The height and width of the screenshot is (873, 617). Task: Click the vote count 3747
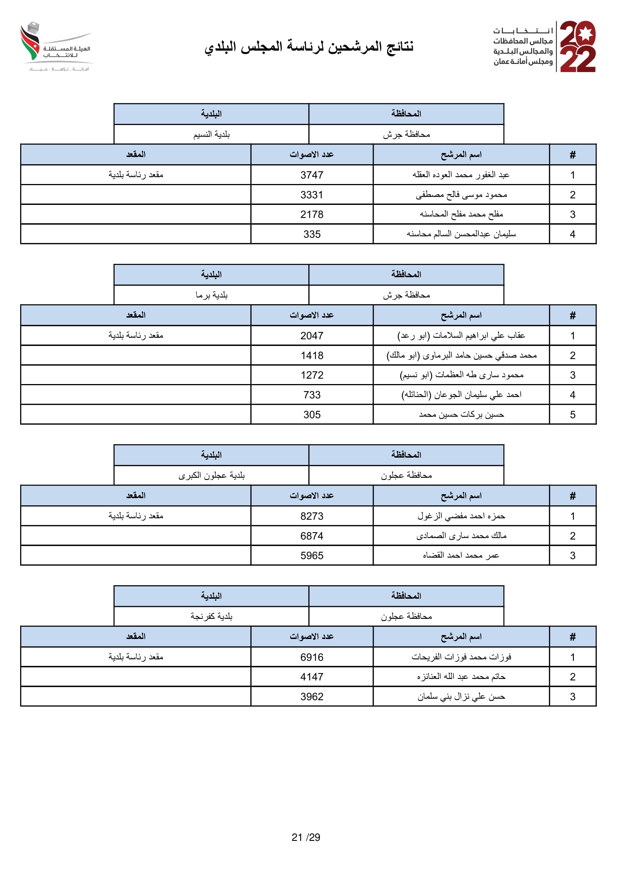pos(312,175)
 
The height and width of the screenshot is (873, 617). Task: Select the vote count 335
pos(312,234)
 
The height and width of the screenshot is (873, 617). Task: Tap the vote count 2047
pos(312,336)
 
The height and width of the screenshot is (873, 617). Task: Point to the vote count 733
pos(312,395)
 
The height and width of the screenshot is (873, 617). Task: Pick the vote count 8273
pos(312,516)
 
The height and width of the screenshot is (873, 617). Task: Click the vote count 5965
pos(312,555)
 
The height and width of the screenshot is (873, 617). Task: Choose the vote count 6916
pos(312,657)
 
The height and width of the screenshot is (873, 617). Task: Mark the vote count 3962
pos(312,696)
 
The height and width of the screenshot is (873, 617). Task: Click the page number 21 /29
pos(306,837)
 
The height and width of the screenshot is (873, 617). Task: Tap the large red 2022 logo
pos(577,46)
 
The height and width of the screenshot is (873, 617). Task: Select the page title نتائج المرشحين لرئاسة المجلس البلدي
pos(309,47)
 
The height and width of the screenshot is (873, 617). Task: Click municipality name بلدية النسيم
pos(211,135)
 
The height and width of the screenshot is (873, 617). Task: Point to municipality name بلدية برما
pos(211,295)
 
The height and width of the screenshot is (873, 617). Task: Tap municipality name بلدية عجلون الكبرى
pos(211,475)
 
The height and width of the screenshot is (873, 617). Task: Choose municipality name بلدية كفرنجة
pos(211,616)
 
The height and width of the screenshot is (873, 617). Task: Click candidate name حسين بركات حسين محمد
pos(461,414)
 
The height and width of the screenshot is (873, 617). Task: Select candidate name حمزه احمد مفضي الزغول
pos(461,516)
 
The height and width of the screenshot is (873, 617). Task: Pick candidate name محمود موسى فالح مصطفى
pos(461,195)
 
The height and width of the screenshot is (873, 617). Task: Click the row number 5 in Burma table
pos(573,414)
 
